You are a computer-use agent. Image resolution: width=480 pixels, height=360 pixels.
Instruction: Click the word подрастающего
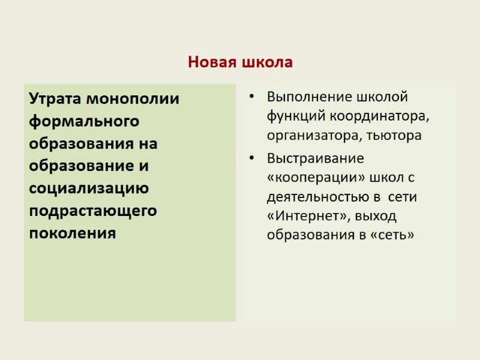pyautogui.click(x=93, y=211)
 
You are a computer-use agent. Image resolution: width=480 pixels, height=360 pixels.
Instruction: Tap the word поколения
pyautogui.click(x=72, y=233)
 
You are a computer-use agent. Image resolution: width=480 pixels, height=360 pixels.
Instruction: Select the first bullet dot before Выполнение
pyautogui.click(x=252, y=97)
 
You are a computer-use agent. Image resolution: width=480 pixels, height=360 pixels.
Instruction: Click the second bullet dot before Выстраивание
pyautogui.click(x=252, y=159)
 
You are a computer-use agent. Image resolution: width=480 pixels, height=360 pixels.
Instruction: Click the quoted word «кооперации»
pyautogui.click(x=311, y=178)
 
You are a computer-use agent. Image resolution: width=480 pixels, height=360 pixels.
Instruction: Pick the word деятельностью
pyautogui.click(x=316, y=197)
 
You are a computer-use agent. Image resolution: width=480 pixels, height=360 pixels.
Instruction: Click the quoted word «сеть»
pyautogui.click(x=393, y=235)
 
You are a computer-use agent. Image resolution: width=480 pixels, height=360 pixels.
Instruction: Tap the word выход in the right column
pyautogui.click(x=376, y=216)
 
